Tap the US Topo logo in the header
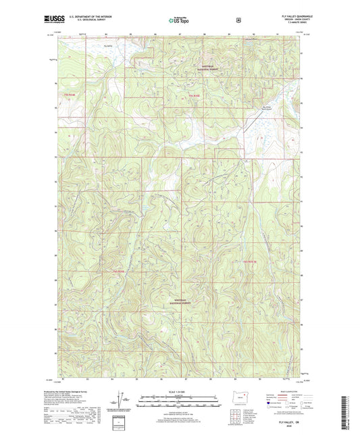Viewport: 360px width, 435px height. pos(178,21)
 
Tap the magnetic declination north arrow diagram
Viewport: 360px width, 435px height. pos(121,399)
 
